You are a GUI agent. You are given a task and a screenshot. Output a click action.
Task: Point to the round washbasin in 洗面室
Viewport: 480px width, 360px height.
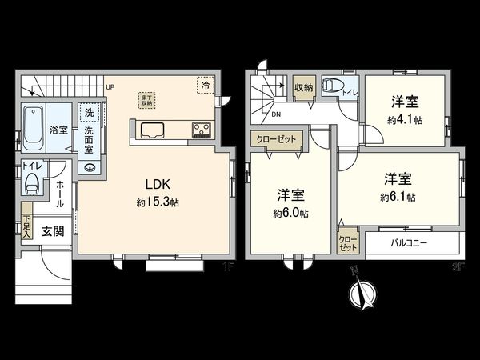[90, 167]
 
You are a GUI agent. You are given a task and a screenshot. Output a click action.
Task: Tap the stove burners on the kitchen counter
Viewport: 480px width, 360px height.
[200, 130]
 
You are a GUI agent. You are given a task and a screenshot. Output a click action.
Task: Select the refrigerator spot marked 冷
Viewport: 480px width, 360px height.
[206, 83]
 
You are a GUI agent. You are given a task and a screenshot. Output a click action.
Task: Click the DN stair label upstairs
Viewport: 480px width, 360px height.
[275, 115]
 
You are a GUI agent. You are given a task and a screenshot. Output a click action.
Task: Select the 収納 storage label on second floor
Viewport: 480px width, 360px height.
[302, 88]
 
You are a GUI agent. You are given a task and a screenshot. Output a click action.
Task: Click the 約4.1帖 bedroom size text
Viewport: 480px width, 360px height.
[406, 119]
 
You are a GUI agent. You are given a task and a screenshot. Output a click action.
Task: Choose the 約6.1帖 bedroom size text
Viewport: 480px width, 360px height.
[398, 196]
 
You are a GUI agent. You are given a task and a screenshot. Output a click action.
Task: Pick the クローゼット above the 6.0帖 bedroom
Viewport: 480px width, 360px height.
[276, 138]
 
